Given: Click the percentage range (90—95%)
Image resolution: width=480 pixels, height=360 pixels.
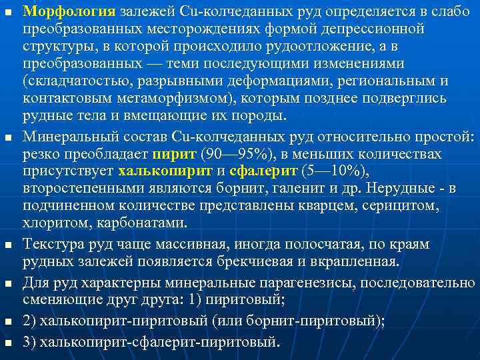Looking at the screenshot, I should click(x=228, y=154).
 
